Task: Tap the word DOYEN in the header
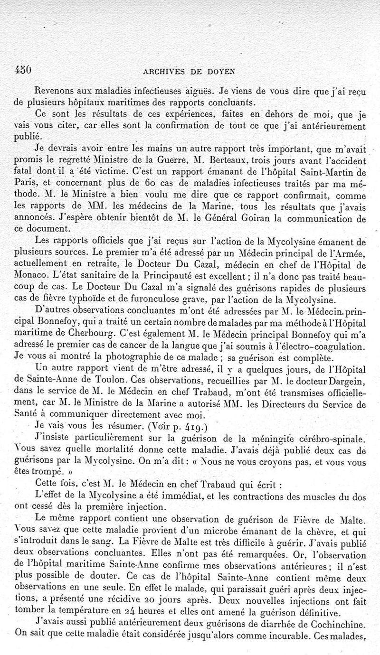click(223, 72)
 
